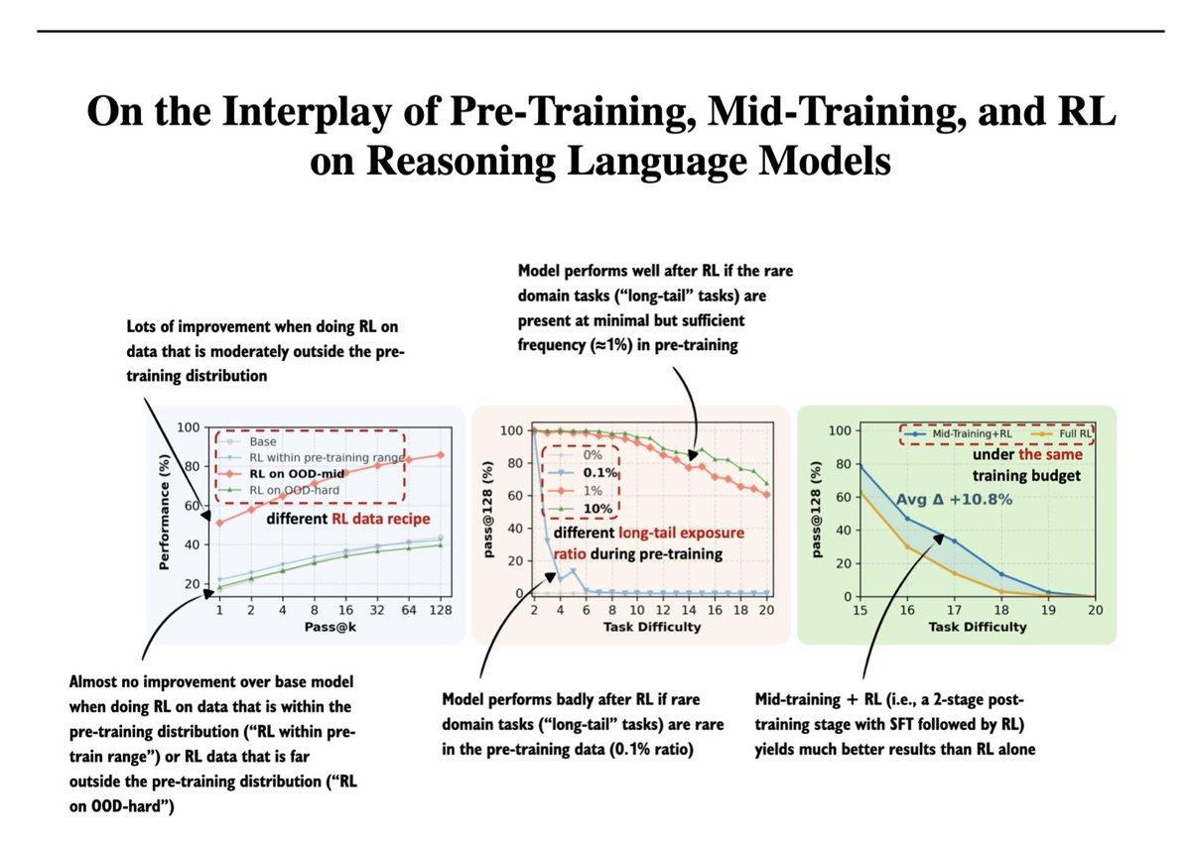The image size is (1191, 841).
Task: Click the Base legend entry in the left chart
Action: point(263,441)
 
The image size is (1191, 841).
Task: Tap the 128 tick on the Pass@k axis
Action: point(439,612)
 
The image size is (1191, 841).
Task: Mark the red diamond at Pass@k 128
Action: point(439,455)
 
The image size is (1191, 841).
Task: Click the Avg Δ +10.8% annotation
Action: point(954,500)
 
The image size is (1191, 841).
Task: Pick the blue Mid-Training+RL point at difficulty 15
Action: point(859,466)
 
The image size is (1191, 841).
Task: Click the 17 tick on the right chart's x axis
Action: point(953,612)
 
